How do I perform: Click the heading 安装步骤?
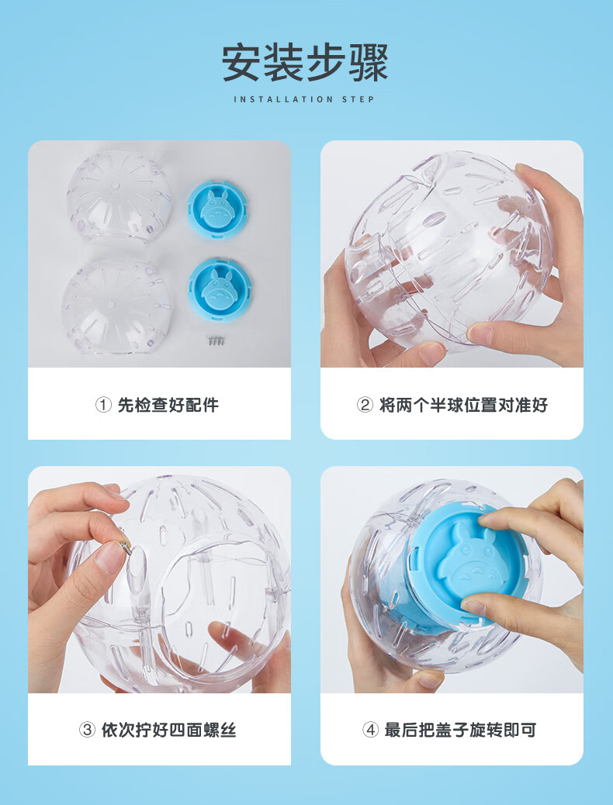pos(305,63)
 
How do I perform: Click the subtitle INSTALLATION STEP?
pos(305,99)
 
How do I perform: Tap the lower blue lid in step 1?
pos(219,285)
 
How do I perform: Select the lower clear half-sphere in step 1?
pos(116,307)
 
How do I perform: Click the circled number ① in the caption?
pos(103,405)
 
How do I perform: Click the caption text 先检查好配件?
pos(168,405)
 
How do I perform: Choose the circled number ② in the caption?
pos(365,405)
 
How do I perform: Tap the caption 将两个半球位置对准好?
pos(463,405)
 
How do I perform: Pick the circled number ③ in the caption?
pos(87,730)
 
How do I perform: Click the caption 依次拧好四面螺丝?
pos(168,730)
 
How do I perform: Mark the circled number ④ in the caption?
pos(370,730)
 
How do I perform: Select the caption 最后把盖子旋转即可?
pos(460,730)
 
